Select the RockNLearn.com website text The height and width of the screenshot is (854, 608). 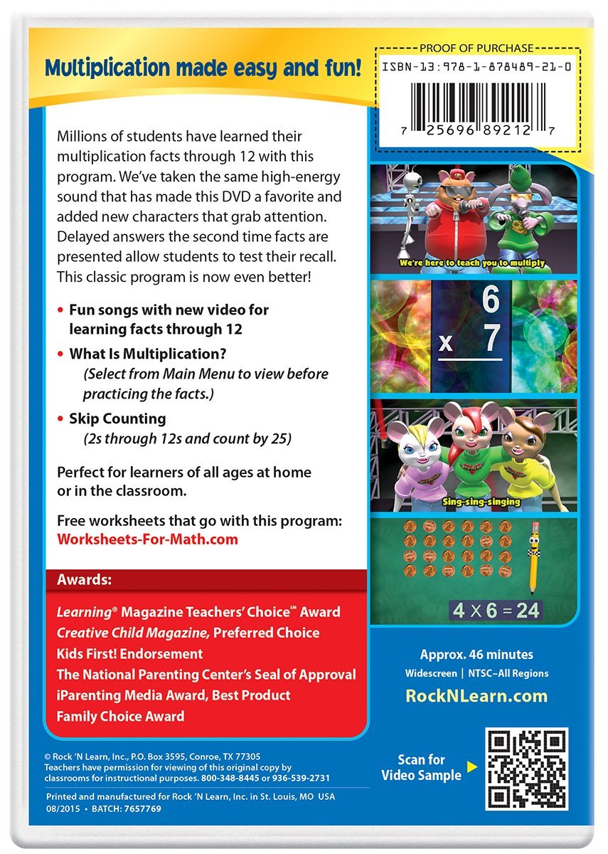coord(476,696)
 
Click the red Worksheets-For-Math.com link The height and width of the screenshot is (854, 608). coord(147,539)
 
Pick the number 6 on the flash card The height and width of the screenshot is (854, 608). coord(491,301)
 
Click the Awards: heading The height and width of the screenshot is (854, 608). coord(84,580)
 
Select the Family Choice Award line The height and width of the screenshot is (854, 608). coord(120,716)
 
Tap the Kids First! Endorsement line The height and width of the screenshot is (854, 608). coord(129,653)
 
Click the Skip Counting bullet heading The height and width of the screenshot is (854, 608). coord(117,418)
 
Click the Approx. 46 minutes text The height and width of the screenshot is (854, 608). coord(476,655)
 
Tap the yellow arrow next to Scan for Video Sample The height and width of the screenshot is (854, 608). coord(469,769)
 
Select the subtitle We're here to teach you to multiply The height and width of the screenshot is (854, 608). coord(472,263)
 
